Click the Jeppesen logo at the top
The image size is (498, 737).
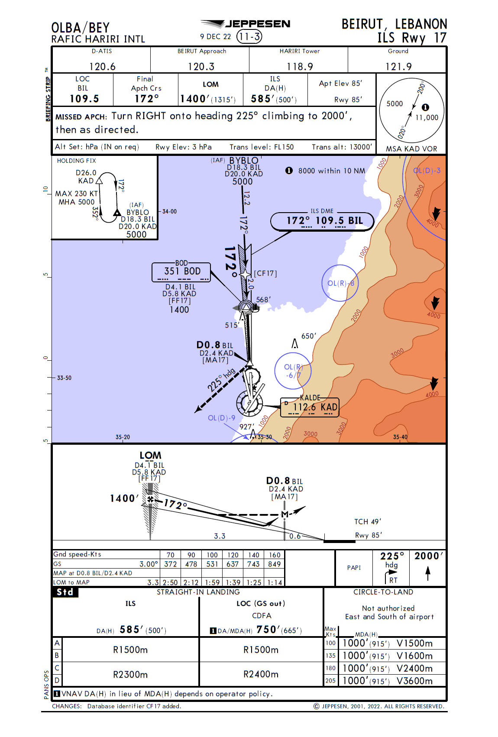pos(246,24)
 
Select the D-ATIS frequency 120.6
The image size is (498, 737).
pos(102,66)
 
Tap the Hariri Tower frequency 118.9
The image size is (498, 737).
pos(300,66)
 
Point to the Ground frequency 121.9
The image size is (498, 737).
pos(398,66)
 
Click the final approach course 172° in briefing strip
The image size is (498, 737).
pos(146,99)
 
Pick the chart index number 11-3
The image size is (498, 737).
pos(249,36)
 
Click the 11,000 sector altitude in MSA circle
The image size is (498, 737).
pos(427,117)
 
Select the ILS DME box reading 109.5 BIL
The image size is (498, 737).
pos(322,221)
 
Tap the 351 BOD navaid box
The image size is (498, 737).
pos(182,272)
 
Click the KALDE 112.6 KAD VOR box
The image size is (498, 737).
pos(310,407)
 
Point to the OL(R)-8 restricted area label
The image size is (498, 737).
pos(341,283)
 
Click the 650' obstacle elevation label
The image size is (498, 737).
pos(309,336)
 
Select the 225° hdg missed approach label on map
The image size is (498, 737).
pos(221,380)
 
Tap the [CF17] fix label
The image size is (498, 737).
pos(265,273)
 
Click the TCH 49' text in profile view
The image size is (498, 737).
pos(368,521)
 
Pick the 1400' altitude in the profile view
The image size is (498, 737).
pos(124,498)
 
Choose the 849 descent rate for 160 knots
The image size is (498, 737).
pos(274,564)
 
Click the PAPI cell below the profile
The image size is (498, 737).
pos(354,567)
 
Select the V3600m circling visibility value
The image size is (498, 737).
pos(414,681)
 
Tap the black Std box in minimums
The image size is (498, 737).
pos(65,592)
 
